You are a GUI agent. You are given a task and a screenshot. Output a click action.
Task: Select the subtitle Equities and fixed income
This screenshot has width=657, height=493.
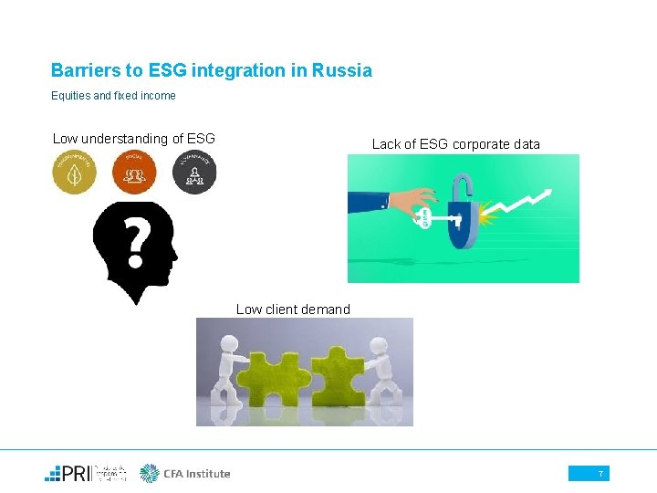[113, 95]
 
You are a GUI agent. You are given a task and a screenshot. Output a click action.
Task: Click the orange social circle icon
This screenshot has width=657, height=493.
[134, 172]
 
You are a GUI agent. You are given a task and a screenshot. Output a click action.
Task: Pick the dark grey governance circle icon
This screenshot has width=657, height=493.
[193, 172]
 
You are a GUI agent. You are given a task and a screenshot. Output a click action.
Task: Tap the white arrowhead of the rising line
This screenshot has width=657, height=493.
[547, 193]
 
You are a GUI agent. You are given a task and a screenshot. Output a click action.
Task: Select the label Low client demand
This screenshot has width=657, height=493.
[293, 309]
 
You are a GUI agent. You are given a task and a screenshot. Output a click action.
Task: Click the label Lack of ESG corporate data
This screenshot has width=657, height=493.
[455, 144]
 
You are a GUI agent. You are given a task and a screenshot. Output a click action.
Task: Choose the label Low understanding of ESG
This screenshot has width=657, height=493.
[134, 139]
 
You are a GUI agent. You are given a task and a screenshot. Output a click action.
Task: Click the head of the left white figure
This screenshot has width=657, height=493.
[228, 345]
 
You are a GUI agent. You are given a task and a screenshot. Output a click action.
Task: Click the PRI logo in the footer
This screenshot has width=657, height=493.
[87, 473]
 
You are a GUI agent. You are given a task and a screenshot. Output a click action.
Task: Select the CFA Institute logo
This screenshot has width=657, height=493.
[185, 473]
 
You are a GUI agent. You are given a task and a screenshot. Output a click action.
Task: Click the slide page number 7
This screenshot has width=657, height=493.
[600, 473]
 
